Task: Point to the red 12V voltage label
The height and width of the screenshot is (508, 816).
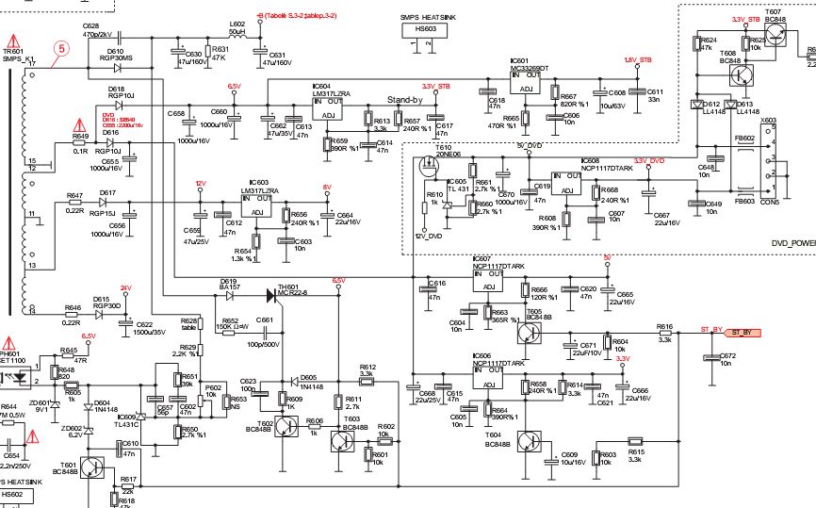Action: click(200, 184)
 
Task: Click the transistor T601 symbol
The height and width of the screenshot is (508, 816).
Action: click(92, 468)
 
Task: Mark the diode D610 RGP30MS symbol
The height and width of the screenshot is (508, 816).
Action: click(116, 67)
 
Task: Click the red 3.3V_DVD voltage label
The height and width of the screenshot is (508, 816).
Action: click(649, 161)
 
